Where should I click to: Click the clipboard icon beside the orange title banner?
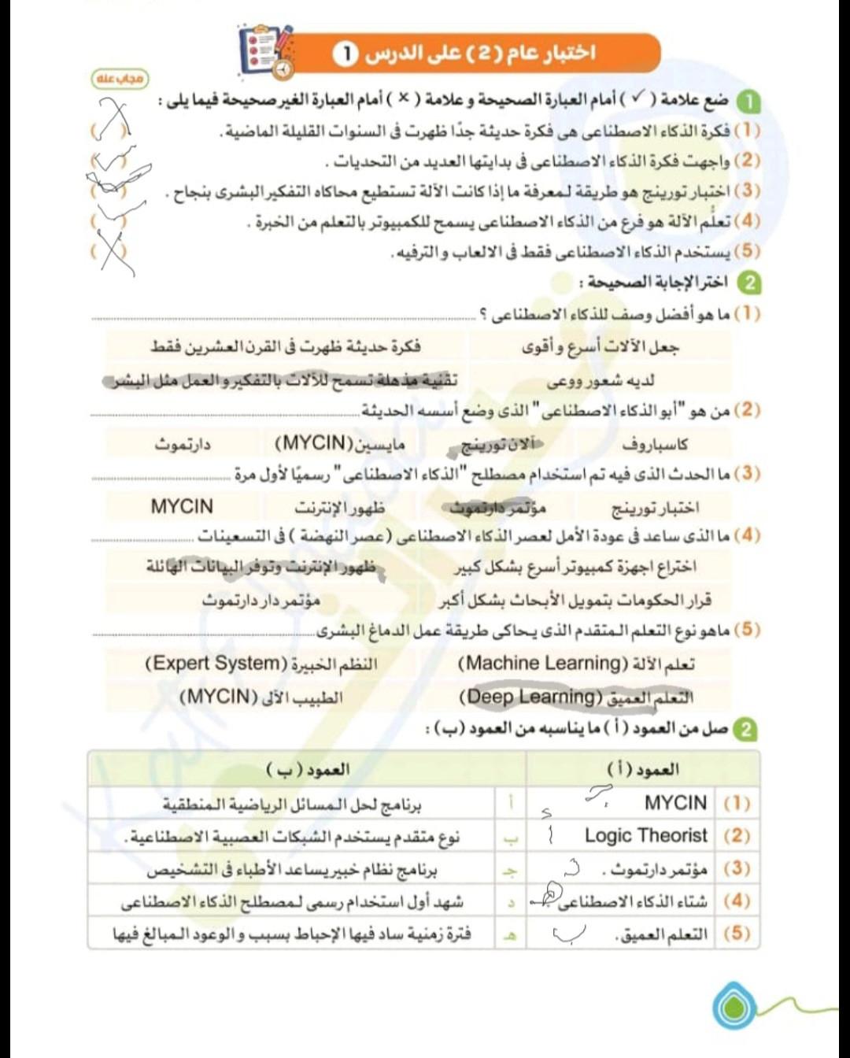point(266,51)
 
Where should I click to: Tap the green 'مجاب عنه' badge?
point(120,79)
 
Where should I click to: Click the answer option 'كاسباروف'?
point(655,444)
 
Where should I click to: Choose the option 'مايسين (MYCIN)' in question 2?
point(340,443)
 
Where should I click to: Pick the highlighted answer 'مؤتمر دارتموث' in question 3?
point(497,508)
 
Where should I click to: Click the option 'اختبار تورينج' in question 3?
point(655,509)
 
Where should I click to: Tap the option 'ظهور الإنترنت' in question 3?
point(340,508)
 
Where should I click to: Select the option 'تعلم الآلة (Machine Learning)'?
point(576,664)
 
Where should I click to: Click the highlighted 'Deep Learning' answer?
point(576,697)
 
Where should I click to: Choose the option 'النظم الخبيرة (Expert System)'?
point(261,664)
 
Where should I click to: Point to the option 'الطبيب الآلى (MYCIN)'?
point(261,697)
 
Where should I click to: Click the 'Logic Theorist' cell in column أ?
point(645,835)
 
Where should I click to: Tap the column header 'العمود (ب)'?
point(308,769)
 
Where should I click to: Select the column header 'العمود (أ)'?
point(643,769)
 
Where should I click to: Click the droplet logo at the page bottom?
point(734,1004)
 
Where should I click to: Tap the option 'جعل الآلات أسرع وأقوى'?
point(600,347)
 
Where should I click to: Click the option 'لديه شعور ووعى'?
point(600,382)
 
